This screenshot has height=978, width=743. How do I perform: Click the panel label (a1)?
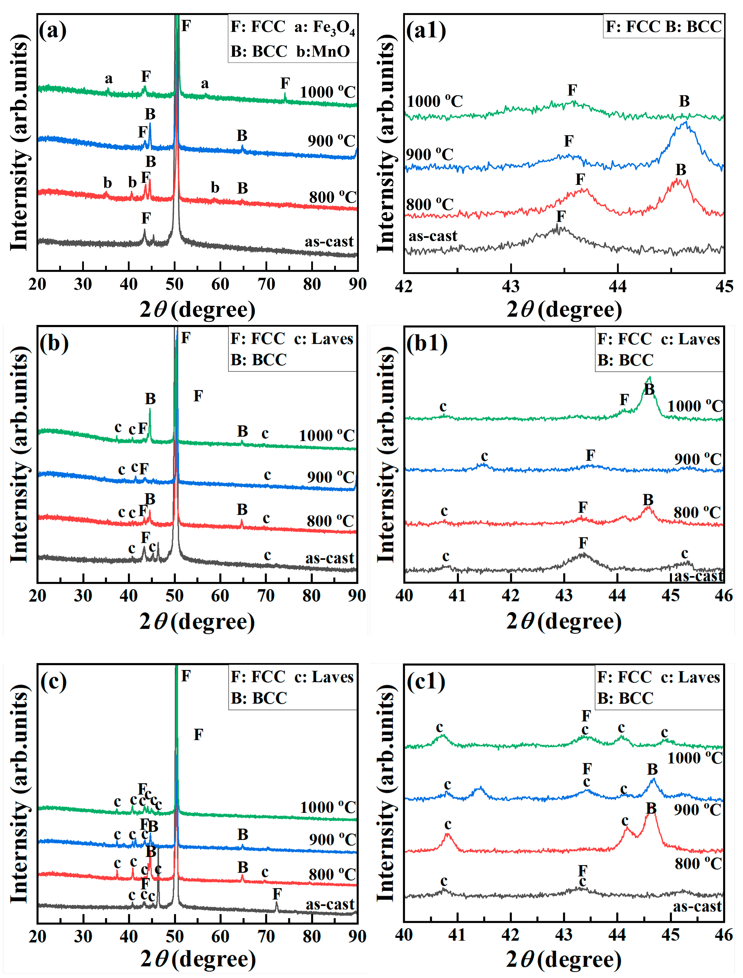426,31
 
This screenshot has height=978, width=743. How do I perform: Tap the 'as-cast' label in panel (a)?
329,242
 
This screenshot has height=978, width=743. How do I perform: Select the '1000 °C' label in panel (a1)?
434,101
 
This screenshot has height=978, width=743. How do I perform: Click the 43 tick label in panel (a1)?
511,287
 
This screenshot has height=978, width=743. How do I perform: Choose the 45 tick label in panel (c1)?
670,935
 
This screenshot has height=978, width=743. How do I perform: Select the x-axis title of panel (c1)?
564,959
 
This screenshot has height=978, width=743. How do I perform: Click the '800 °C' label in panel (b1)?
697,512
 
